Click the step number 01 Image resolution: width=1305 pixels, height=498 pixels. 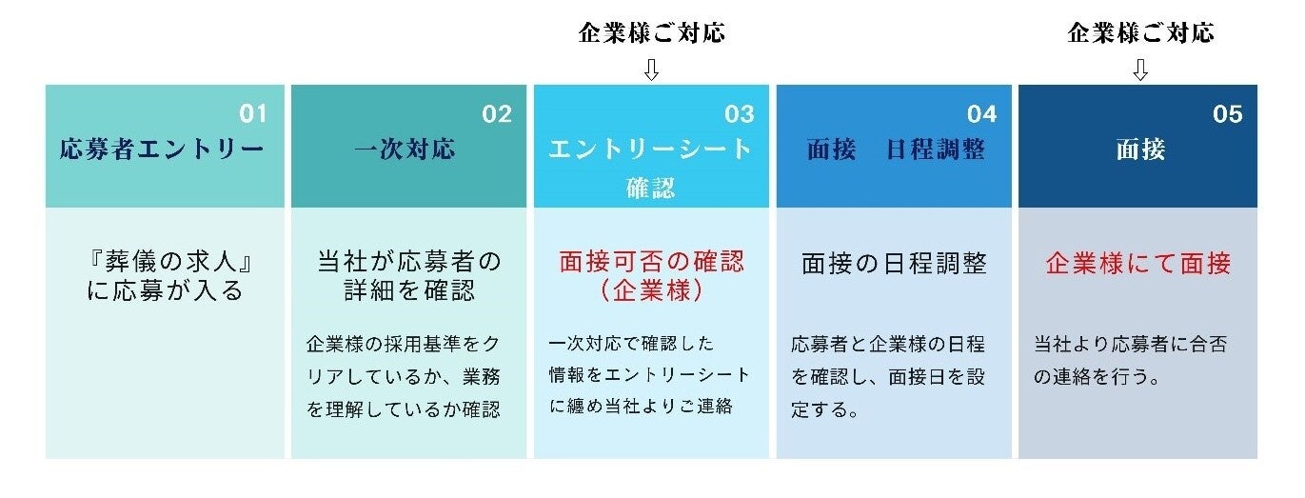coord(252,114)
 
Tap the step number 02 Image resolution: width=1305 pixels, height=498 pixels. coord(497,114)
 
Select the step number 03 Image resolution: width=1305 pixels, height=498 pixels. coord(740,114)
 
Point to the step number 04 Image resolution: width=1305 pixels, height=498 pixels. coord(981,114)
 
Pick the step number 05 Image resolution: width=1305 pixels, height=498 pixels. coord(1228,114)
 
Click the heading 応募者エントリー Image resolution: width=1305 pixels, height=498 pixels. coord(161,149)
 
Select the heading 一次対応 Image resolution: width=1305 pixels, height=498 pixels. coord(405,149)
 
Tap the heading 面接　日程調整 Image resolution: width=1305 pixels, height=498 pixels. coord(895,149)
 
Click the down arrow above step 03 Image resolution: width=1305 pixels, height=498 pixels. coord(651,70)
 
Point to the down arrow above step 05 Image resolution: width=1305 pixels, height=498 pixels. coord(1140,70)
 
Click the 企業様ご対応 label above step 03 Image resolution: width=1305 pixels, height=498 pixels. coord(651,33)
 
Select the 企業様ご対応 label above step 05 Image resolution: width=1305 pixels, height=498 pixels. coord(1140,33)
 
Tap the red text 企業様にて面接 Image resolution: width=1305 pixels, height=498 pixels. coord(1138,263)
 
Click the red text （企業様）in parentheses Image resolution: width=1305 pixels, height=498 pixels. coord(651,290)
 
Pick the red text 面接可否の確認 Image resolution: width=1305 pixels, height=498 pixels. coord(651,262)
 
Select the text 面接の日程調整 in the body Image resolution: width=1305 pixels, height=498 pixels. coord(894,263)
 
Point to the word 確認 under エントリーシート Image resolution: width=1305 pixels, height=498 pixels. coord(651,189)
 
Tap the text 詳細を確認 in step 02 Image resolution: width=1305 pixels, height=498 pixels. coord(408,290)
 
